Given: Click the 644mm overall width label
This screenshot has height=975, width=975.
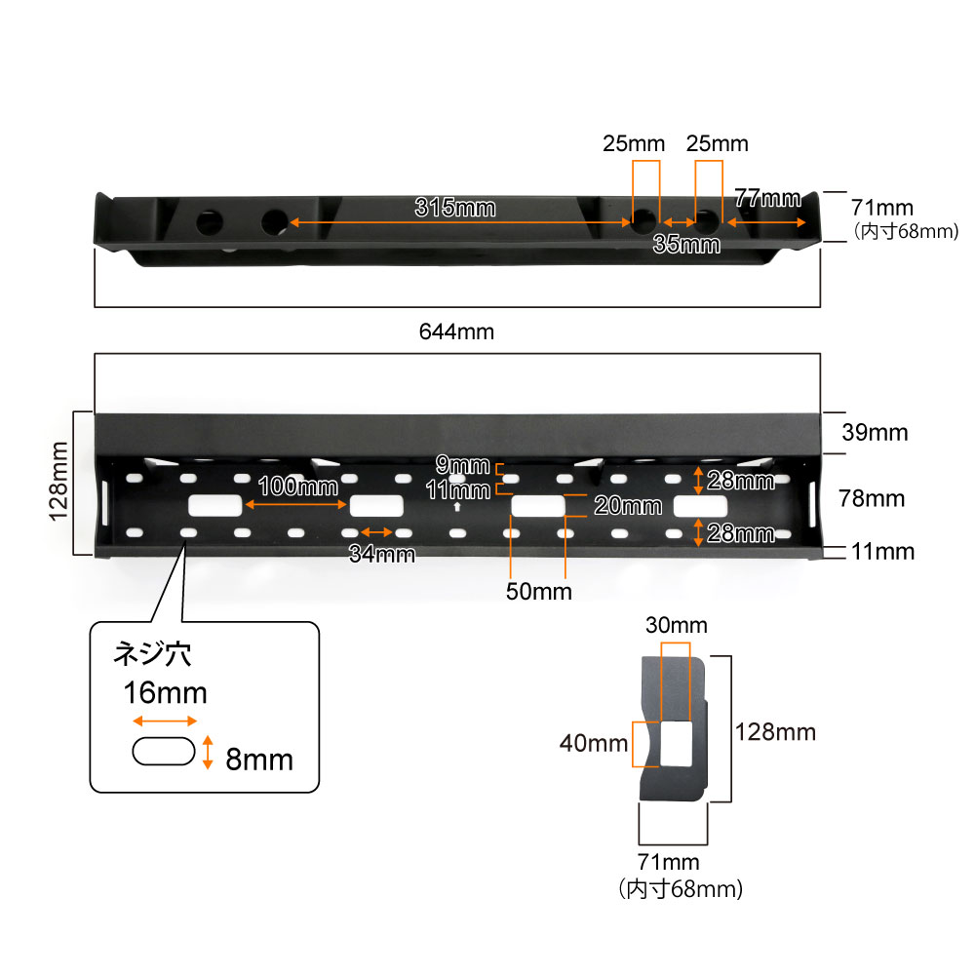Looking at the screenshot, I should pyautogui.click(x=456, y=331).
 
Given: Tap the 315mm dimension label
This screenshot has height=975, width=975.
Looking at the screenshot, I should pyautogui.click(x=454, y=208).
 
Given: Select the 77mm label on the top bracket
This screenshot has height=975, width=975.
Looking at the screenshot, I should pyautogui.click(x=767, y=198).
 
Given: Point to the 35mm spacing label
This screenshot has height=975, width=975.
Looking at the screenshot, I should pyautogui.click(x=686, y=245).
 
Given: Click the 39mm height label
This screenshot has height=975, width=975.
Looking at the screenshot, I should pyautogui.click(x=875, y=433).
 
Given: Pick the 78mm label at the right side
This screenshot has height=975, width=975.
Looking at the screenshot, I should pyautogui.click(x=872, y=499).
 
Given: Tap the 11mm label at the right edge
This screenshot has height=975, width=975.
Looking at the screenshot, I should pyautogui.click(x=881, y=552).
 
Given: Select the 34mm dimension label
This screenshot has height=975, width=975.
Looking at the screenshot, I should pyautogui.click(x=382, y=555).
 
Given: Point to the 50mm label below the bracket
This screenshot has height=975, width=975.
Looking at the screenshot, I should pyautogui.click(x=538, y=591).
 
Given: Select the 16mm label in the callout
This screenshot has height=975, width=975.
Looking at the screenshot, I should pyautogui.click(x=165, y=693).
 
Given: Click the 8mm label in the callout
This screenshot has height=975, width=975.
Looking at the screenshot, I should pyautogui.click(x=258, y=760).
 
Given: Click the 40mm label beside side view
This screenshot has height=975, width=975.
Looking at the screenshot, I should pyautogui.click(x=593, y=744).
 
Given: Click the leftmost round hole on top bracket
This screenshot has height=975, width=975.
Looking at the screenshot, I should pyautogui.click(x=210, y=221).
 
